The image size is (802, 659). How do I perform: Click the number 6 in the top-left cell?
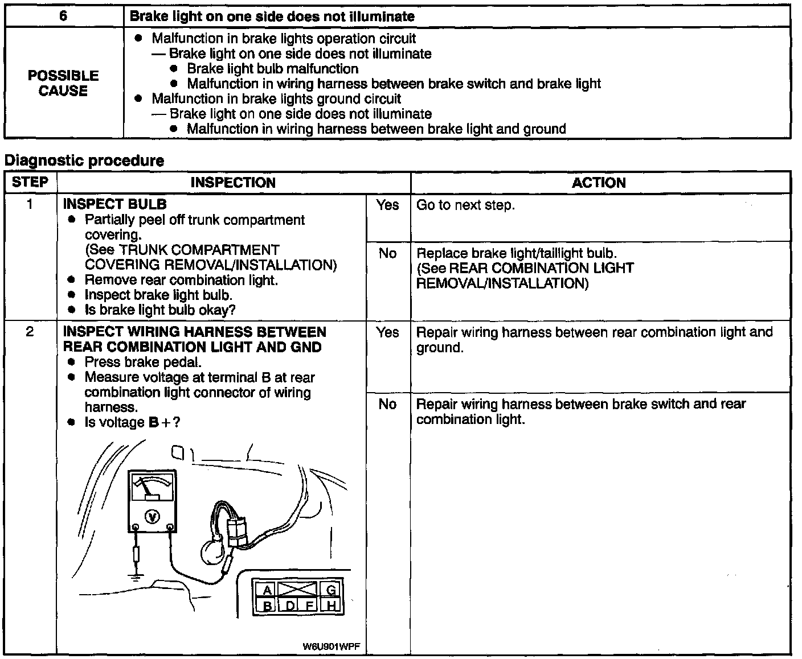63,17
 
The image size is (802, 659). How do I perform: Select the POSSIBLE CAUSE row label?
63,83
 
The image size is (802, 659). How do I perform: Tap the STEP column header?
30,182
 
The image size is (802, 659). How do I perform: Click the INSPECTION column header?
233,183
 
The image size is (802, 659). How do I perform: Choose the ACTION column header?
599,183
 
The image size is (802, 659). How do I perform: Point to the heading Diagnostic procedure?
84,161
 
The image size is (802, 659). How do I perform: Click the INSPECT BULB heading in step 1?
115,204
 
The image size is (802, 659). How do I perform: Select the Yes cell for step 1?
388,205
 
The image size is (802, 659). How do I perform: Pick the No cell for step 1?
388,253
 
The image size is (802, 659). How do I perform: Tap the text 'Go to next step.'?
466,205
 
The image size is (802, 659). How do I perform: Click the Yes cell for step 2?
388,332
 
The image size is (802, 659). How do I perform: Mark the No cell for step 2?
388,404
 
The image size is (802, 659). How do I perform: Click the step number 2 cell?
30,332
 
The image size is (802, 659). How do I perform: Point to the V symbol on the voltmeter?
152,516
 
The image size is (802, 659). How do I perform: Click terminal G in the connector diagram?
331,590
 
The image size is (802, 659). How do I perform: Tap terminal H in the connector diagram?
331,606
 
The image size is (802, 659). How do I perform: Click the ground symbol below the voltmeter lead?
135,576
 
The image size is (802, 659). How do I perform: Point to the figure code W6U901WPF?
334,646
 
